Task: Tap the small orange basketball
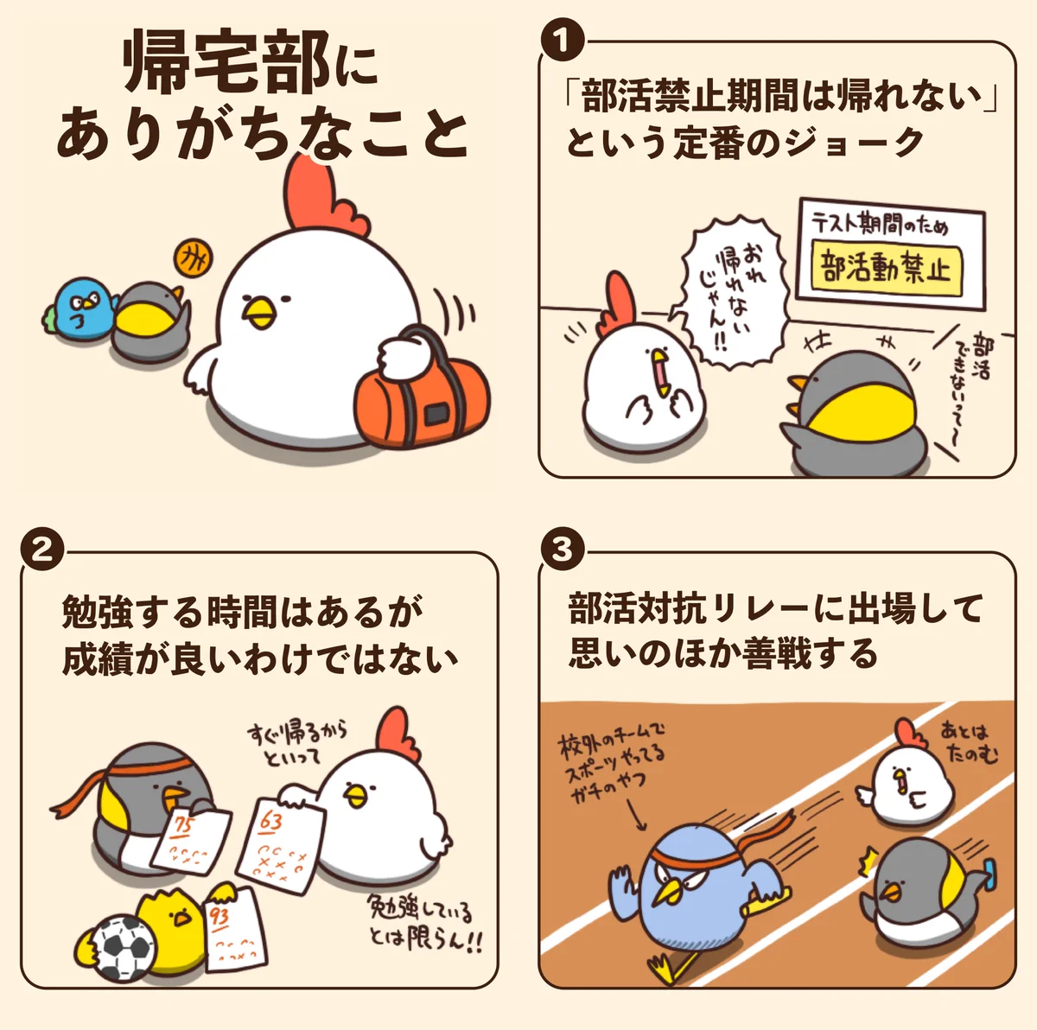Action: [194, 259]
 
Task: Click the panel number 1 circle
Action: [563, 40]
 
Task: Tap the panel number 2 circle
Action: [42, 551]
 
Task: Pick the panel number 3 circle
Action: [563, 551]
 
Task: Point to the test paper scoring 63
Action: [282, 845]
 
